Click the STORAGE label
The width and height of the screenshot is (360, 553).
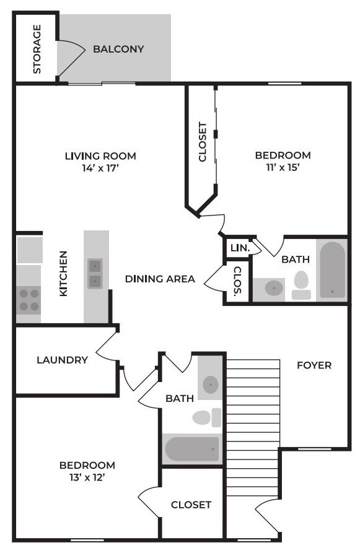click(37, 49)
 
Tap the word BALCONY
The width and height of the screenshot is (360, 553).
click(118, 49)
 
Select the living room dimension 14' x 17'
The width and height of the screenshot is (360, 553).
click(100, 168)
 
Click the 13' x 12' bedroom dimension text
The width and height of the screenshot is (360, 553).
click(87, 477)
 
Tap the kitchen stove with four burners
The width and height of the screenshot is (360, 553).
click(28, 300)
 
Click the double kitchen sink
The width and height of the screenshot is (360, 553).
click(95, 274)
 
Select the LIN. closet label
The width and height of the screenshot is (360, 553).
click(239, 248)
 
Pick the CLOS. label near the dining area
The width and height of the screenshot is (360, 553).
click(237, 281)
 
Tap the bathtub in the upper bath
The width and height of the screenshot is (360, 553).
click(332, 270)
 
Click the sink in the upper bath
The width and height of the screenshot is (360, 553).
click(273, 287)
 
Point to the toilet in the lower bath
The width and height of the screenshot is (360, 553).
click(205, 417)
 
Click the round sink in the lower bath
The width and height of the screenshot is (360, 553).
click(211, 384)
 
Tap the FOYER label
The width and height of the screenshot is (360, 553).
click(314, 365)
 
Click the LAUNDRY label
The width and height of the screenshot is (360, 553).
click(62, 360)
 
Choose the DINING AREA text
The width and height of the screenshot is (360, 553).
click(160, 279)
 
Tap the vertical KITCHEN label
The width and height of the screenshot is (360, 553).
click(63, 274)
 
